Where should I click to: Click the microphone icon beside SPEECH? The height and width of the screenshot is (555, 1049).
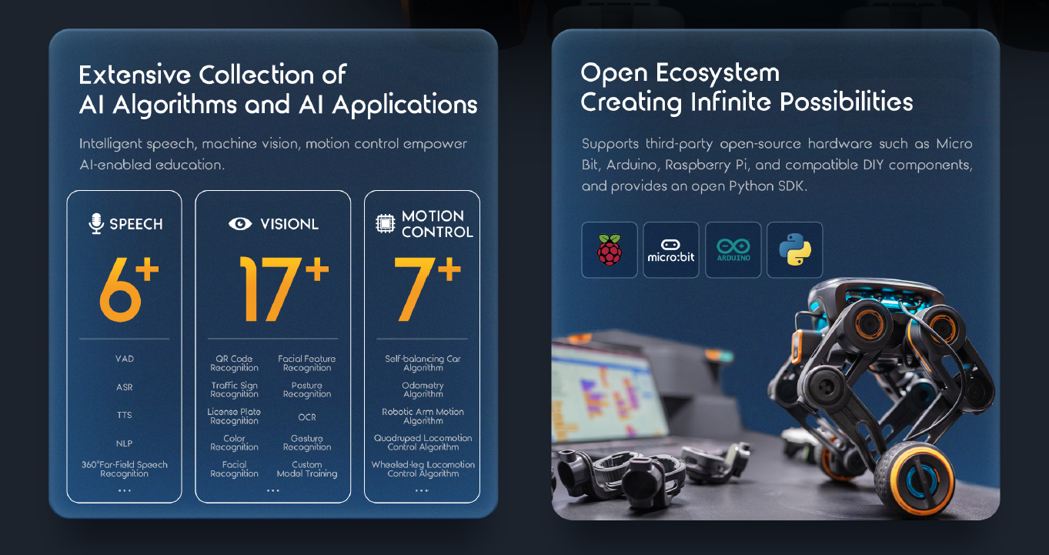pos(96,223)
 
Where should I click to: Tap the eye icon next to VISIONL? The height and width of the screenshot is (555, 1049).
pos(240,224)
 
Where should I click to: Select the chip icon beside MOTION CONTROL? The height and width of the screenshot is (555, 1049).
pos(386,223)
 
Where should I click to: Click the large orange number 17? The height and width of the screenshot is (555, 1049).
pos(271,289)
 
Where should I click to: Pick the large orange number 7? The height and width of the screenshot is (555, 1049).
pos(415,289)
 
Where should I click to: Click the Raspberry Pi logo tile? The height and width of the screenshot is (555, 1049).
pos(610,250)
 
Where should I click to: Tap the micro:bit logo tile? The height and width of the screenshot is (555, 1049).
pos(671,250)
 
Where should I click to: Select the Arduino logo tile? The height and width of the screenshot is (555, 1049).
pos(733,250)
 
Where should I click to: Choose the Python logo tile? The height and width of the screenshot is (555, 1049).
pos(795,250)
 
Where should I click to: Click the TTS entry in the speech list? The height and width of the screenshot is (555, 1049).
pos(124,415)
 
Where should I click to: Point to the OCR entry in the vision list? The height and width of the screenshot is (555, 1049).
pos(307,417)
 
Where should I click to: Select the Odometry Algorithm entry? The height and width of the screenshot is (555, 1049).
pos(423,390)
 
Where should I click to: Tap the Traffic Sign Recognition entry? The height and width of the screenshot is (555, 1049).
pos(234,390)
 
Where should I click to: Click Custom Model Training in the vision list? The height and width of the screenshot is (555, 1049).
pos(307,469)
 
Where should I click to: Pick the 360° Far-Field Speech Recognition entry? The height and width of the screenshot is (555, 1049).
pos(124,469)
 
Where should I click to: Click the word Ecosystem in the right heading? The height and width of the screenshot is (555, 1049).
pos(717,74)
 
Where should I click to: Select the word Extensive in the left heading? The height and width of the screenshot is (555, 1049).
pos(135,75)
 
